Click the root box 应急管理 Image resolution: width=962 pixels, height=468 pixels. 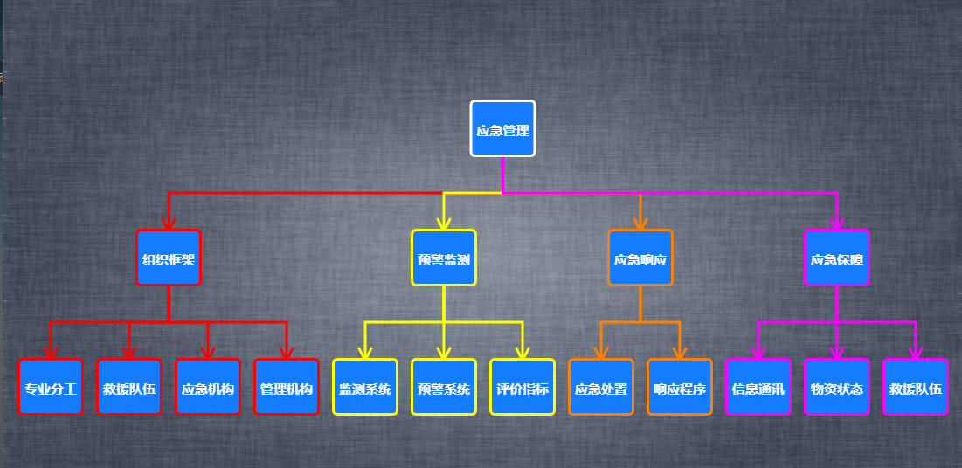(502, 128)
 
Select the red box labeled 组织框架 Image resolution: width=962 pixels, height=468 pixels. (169, 258)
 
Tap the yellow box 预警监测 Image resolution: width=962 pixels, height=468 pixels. (444, 258)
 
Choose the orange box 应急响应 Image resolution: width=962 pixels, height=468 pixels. (640, 258)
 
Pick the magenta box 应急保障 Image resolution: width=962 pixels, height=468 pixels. (837, 258)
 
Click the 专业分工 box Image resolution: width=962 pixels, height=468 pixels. (51, 387)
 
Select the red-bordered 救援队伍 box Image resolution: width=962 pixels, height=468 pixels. (129, 387)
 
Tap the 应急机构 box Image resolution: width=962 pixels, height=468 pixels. (208, 387)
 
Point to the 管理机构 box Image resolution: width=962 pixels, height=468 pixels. (287, 387)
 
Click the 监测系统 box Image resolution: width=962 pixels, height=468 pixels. (365, 387)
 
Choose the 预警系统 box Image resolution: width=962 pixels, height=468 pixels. (444, 387)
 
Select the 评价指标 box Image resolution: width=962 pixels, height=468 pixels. (523, 387)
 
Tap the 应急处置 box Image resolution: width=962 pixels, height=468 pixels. (601, 387)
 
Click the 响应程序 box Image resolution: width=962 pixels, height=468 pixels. (680, 387)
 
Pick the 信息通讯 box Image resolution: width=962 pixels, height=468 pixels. (758, 387)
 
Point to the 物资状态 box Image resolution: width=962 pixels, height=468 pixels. (837, 387)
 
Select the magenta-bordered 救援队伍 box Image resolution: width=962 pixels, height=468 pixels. (916, 387)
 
